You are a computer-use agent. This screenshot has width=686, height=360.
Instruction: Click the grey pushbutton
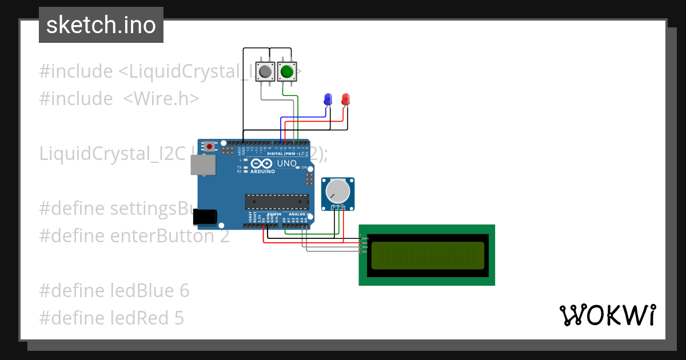tap(265, 72)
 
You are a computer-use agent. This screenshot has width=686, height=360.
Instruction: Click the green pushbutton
tap(286, 72)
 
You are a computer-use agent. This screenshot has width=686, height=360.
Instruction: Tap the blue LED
tap(328, 99)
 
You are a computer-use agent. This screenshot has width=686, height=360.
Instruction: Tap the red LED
tap(345, 99)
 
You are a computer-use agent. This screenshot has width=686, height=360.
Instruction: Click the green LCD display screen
tap(428, 255)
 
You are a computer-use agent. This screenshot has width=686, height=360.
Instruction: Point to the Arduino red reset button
tap(210, 146)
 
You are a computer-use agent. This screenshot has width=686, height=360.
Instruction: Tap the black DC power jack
tap(205, 217)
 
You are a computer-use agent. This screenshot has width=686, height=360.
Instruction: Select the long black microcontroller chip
tap(277, 202)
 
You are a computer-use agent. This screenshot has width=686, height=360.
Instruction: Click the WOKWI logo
tap(607, 315)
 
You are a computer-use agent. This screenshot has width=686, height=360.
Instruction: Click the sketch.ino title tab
tap(101, 25)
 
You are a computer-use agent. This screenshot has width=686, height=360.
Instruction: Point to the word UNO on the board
tap(287, 164)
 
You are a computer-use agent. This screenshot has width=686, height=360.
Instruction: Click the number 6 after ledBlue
tap(184, 291)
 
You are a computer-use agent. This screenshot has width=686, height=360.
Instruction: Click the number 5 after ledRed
tap(179, 318)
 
